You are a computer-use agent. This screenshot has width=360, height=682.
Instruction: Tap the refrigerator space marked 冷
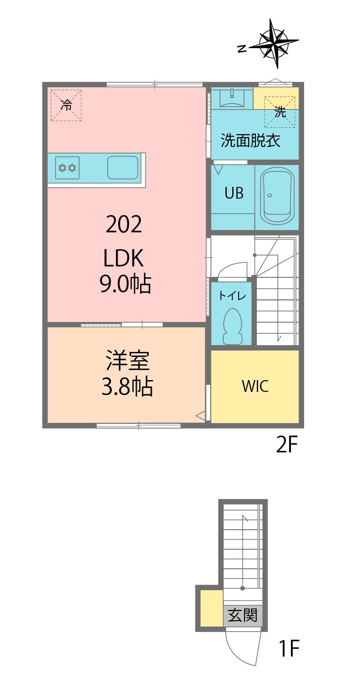pyautogui.click(x=66, y=105)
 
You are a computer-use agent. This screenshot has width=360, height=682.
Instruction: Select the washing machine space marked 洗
pyautogui.click(x=280, y=112)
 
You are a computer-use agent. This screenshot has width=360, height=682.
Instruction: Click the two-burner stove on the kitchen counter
pyautogui.click(x=67, y=168)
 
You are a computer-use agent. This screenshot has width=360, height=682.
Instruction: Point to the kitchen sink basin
pyautogui.click(x=123, y=168)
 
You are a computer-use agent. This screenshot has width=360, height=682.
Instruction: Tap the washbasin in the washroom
pyautogui.click(x=232, y=98)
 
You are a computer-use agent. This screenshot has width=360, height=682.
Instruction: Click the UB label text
pyautogui.click(x=234, y=193)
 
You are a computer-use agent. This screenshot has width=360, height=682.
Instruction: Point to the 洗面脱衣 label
pyautogui.click(x=250, y=140)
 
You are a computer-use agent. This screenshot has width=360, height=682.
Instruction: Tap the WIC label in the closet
pyautogui.click(x=255, y=386)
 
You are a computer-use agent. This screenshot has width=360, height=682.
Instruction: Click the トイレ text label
pyautogui.click(x=232, y=296)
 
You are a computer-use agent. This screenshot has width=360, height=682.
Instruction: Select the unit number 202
pyautogui.click(x=124, y=224)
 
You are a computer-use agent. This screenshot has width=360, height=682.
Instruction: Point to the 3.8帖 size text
pyautogui.click(x=127, y=386)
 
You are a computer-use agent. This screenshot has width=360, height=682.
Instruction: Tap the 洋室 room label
pyautogui.click(x=128, y=361)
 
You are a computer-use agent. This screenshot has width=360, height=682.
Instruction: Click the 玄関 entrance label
pyautogui.click(x=243, y=615)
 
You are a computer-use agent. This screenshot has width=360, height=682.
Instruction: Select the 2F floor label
pyautogui.click(x=287, y=445)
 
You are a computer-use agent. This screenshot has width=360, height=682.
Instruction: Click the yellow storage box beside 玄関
pyautogui.click(x=211, y=608)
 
